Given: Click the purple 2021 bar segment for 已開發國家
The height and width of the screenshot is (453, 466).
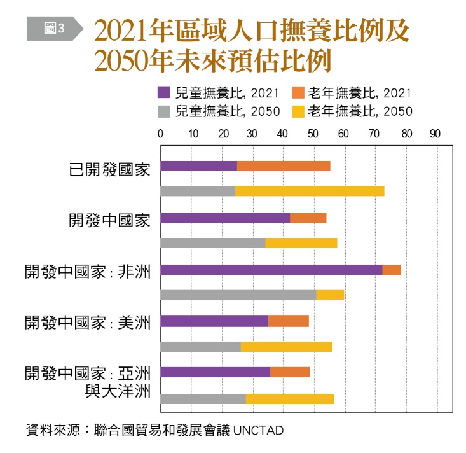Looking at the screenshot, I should (198, 166).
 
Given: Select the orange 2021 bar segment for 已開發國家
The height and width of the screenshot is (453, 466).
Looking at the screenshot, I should (284, 166).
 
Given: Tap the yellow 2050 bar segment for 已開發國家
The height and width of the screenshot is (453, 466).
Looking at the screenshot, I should (310, 191).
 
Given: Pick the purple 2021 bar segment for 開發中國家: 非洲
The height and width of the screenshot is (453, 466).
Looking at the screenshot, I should (271, 270).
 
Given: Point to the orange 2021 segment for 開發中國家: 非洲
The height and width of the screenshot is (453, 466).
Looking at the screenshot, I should (392, 270).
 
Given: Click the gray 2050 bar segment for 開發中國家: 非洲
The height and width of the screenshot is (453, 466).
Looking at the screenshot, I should (238, 295).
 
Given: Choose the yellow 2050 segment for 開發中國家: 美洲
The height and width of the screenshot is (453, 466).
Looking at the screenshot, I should (286, 347).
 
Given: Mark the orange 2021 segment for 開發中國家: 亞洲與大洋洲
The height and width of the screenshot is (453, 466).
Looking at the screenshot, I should (290, 372).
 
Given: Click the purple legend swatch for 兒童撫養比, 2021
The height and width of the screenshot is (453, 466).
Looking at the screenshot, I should (163, 93).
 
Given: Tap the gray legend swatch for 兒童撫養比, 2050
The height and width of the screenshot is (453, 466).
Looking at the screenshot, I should (163, 111).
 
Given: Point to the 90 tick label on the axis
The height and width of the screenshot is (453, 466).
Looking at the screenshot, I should (435, 134).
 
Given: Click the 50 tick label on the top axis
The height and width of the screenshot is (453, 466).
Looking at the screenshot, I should (313, 134).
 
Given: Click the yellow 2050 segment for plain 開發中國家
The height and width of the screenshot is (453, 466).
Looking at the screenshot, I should (301, 243).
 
